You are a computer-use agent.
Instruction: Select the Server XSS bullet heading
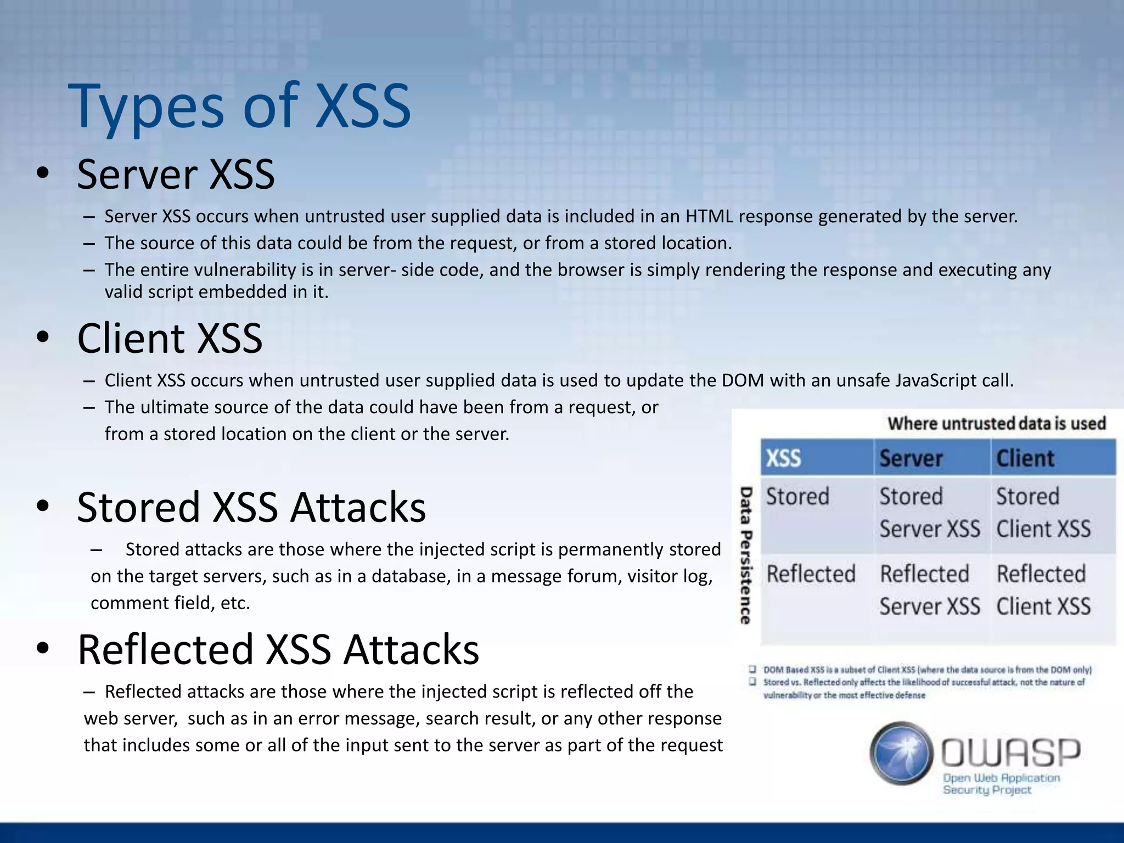click(176, 175)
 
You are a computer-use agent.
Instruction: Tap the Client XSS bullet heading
click(170, 338)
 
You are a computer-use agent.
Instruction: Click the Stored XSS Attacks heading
click(251, 507)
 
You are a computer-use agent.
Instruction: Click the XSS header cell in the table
click(783, 458)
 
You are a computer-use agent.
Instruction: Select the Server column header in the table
click(911, 458)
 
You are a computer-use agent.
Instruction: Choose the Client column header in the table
click(1025, 458)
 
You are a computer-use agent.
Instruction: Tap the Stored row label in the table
click(797, 497)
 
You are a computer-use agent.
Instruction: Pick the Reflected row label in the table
click(811, 574)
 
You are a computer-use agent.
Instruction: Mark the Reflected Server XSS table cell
click(930, 591)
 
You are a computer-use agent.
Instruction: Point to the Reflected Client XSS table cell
click(1043, 591)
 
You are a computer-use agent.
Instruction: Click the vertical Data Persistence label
click(745, 555)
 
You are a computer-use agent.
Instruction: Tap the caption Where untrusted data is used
click(997, 424)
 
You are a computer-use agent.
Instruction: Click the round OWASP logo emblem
click(901, 753)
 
